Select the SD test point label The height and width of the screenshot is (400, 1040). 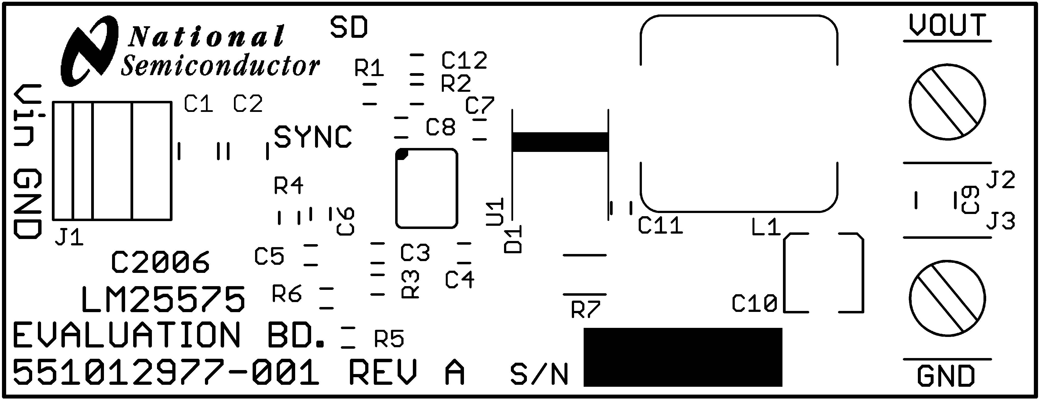pyautogui.click(x=349, y=27)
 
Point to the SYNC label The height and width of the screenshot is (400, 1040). pyautogui.click(x=313, y=137)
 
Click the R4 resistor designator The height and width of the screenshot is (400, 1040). pyautogui.click(x=288, y=186)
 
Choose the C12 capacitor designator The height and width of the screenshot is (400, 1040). pyautogui.click(x=464, y=61)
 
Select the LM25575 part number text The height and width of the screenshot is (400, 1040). pyautogui.click(x=163, y=300)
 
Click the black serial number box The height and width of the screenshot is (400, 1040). pyautogui.click(x=683, y=357)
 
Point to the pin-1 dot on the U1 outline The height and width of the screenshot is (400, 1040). pyautogui.click(x=402, y=154)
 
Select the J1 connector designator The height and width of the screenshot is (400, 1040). pyautogui.click(x=69, y=238)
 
